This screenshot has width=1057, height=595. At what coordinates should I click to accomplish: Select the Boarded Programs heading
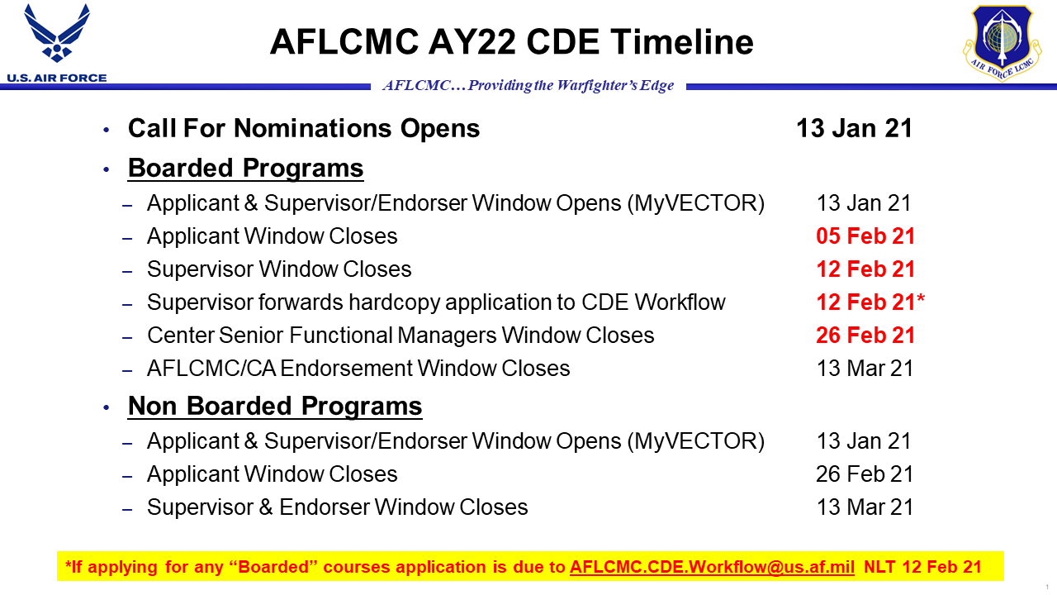(245, 168)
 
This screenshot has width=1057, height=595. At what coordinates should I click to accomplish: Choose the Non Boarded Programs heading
(274, 406)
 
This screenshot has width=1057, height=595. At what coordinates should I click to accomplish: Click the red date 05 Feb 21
(865, 236)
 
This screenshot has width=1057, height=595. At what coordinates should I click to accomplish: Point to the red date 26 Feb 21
(865, 336)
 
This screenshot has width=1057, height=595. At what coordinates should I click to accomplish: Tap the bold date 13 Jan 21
(854, 128)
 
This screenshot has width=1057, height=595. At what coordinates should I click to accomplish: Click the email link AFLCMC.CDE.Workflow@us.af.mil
(712, 567)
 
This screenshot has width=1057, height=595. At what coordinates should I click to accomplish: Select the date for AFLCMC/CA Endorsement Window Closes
(865, 369)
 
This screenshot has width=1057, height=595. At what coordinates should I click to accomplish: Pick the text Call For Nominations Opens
(303, 128)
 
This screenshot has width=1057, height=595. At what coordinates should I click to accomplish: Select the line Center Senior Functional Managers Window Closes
(401, 336)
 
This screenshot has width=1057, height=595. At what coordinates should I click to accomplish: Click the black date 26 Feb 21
(865, 474)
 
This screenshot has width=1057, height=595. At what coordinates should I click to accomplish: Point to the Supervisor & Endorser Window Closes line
(337, 507)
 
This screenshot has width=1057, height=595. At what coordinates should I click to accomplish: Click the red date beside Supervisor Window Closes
(865, 269)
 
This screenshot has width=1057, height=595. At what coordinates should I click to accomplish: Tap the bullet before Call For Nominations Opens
(105, 130)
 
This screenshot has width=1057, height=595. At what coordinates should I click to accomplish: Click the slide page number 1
(1047, 587)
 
